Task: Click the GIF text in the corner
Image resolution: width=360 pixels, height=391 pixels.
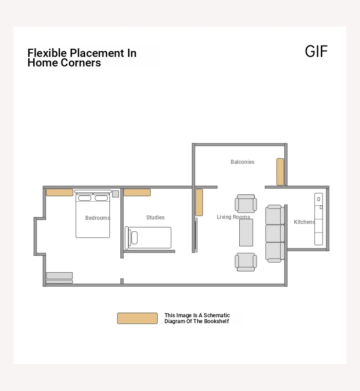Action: pyautogui.click(x=316, y=51)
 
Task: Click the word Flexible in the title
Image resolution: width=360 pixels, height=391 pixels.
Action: pyautogui.click(x=47, y=53)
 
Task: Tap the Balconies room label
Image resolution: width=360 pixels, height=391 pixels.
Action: pyautogui.click(x=242, y=162)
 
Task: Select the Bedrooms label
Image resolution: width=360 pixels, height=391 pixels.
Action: pyautogui.click(x=98, y=218)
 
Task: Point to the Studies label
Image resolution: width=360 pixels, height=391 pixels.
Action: pyautogui.click(x=155, y=217)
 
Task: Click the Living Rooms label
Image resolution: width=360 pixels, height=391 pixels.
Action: pyautogui.click(x=233, y=217)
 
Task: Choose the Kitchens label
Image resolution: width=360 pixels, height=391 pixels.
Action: pyautogui.click(x=304, y=222)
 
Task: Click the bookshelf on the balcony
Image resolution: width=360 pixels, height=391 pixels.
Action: pyautogui.click(x=280, y=172)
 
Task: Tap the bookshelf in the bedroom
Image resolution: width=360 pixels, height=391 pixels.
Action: pyautogui.click(x=60, y=192)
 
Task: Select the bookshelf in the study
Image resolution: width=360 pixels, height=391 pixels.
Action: pyautogui.click(x=137, y=192)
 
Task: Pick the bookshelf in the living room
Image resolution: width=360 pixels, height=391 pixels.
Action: pyautogui.click(x=199, y=202)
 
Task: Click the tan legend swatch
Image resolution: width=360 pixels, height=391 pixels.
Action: pyautogui.click(x=137, y=319)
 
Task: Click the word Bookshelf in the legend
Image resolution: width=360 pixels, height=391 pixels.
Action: pyautogui.click(x=216, y=321)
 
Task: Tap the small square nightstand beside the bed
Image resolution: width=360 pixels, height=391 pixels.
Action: pyautogui.click(x=115, y=194)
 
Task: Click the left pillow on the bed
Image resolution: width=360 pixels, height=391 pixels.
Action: pyautogui.click(x=85, y=198)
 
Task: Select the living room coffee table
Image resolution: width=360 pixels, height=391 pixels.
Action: pyautogui.click(x=246, y=233)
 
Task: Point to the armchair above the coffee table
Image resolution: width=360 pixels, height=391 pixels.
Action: pyautogui.click(x=246, y=204)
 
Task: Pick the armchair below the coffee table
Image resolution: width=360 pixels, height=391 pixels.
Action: pyautogui.click(x=246, y=262)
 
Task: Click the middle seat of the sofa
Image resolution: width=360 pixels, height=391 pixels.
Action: pyautogui.click(x=275, y=234)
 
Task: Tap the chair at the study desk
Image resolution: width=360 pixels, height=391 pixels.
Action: pyautogui.click(x=133, y=238)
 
